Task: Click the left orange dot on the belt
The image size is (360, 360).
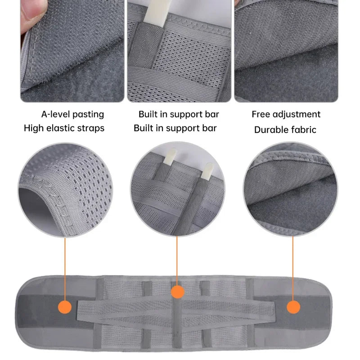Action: (x=66, y=308)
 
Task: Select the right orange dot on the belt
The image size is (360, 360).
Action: (x=293, y=307)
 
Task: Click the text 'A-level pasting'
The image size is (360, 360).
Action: (x=72, y=114)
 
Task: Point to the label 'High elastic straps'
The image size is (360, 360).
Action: (x=64, y=128)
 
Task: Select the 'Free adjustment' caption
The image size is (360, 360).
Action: (x=286, y=114)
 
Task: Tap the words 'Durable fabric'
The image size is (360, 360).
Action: (x=285, y=130)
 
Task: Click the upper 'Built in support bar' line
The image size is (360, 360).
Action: (x=179, y=114)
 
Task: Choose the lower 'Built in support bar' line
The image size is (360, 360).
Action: (x=175, y=128)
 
